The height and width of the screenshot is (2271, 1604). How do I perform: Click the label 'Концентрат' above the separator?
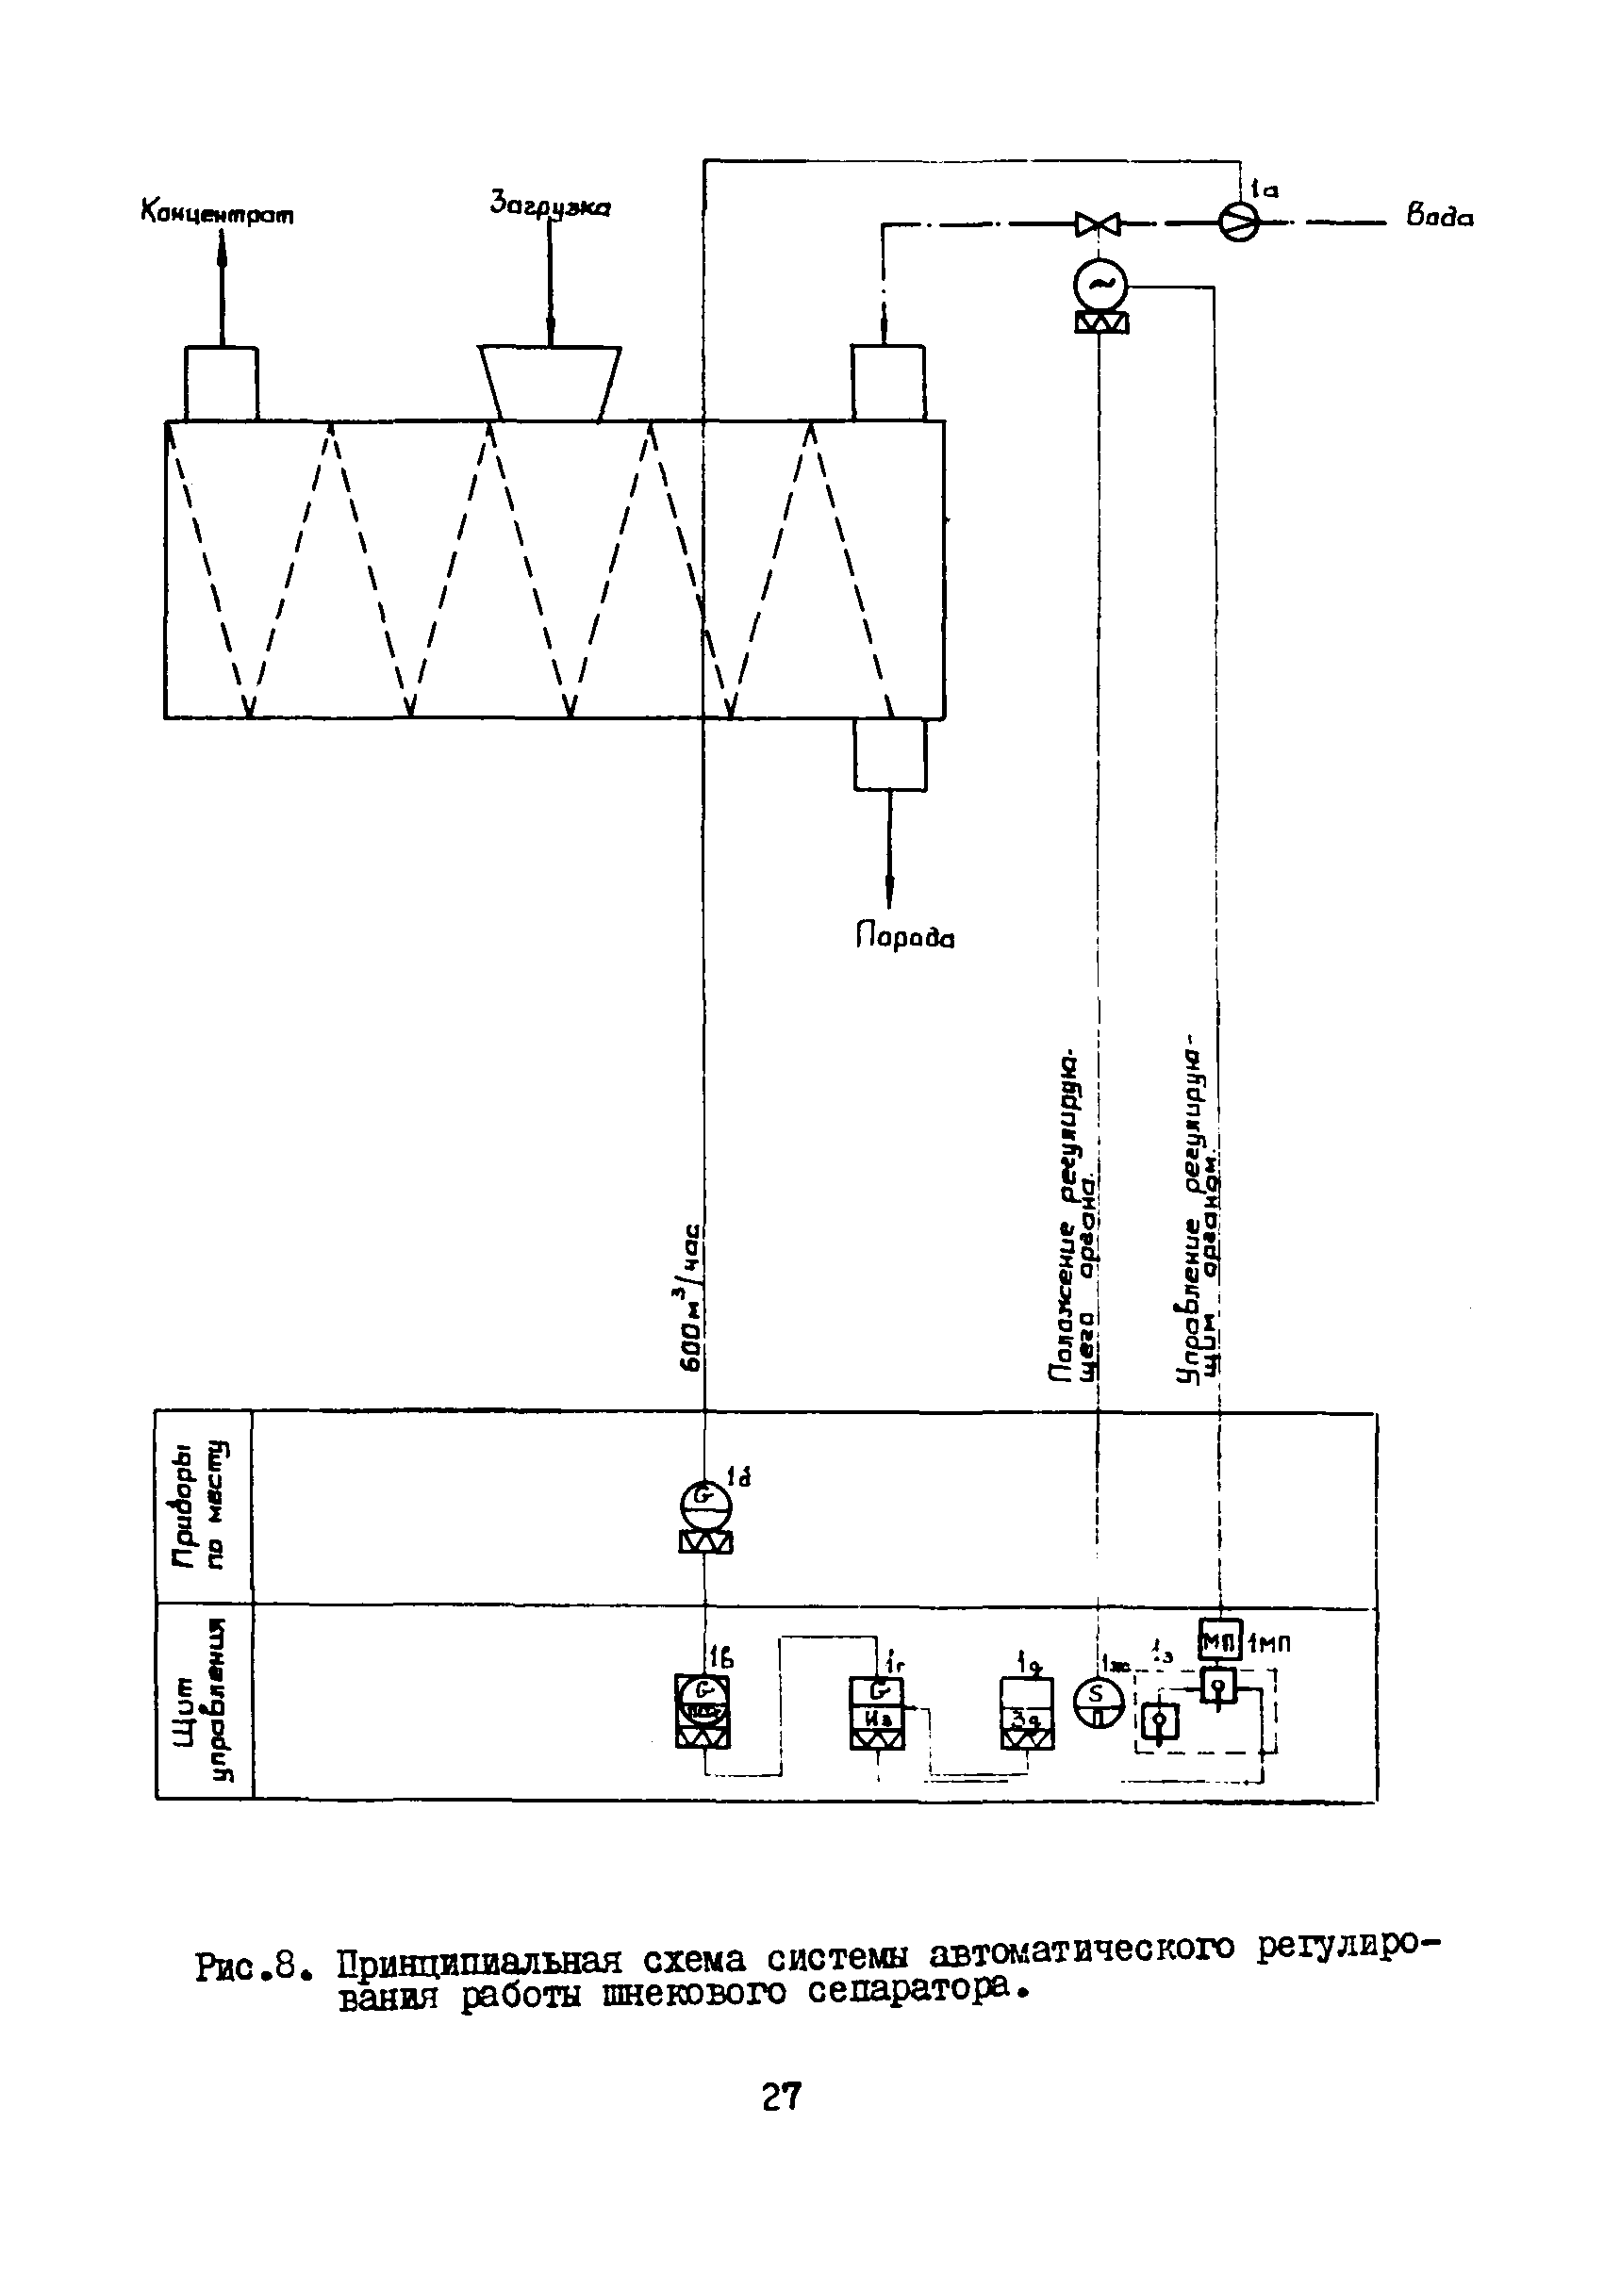(218, 214)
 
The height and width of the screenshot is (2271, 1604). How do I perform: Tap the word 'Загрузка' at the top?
(550, 206)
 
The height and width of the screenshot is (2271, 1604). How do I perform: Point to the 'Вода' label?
(1439, 217)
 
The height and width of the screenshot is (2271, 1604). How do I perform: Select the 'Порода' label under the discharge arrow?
(904, 936)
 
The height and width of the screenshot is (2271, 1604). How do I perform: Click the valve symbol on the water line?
(1098, 224)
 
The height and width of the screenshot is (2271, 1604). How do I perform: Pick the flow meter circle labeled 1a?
(1238, 222)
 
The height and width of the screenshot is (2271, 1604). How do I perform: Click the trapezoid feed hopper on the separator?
(550, 382)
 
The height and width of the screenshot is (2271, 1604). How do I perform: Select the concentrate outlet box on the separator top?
(222, 383)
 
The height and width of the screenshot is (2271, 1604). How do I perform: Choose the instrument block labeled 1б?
(703, 1711)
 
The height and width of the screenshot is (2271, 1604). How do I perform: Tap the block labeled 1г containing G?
(877, 1712)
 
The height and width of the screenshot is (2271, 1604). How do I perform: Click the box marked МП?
(1219, 1642)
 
